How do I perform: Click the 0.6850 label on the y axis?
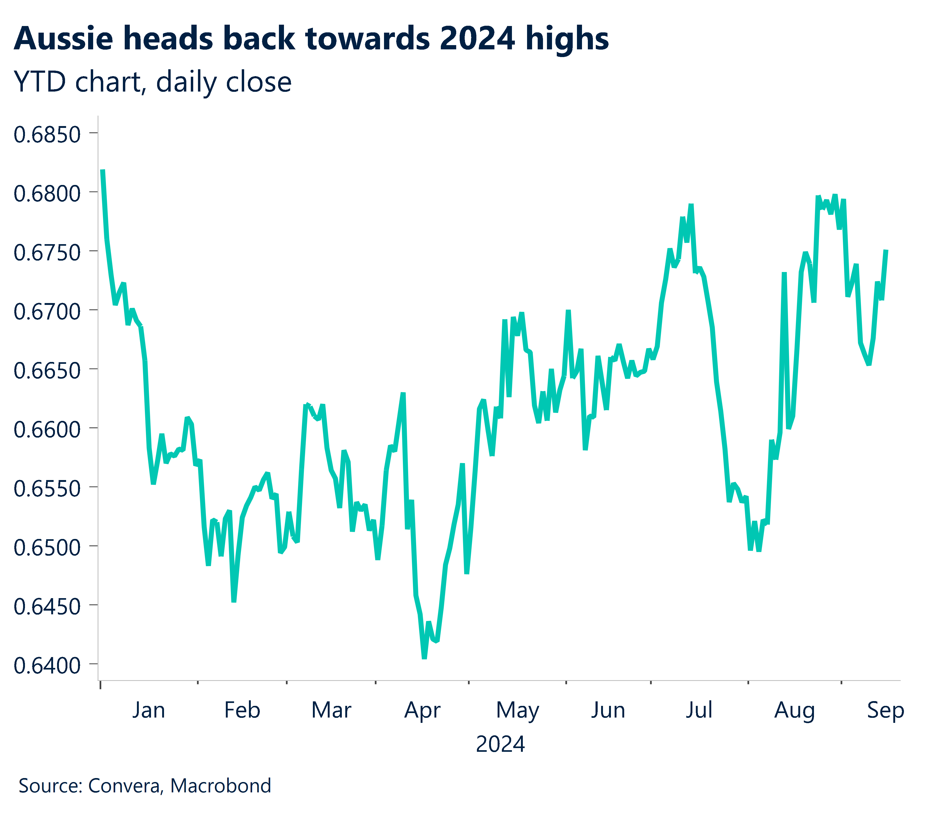point(47,135)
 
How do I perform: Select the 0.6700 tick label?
point(47,312)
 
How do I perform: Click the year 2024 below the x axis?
point(500,744)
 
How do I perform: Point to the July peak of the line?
point(691,205)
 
